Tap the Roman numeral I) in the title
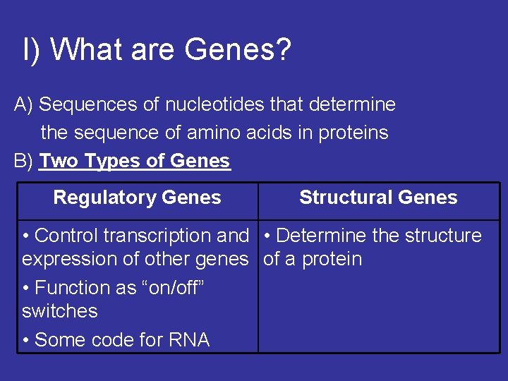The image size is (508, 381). (31, 50)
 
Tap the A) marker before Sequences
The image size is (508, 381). (24, 104)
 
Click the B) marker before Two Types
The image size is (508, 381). (24, 161)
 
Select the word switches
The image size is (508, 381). (60, 311)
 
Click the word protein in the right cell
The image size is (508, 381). (332, 260)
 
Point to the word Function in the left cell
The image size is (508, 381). (68, 288)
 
